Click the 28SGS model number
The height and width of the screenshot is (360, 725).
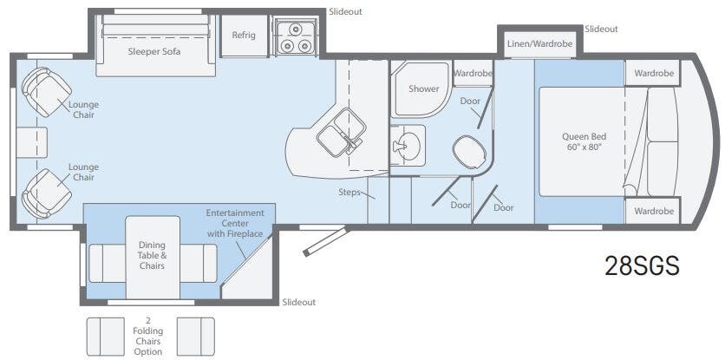(643, 265)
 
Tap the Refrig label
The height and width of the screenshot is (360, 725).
(244, 36)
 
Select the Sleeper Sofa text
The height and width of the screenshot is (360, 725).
(154, 51)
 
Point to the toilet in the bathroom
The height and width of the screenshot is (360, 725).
(469, 152)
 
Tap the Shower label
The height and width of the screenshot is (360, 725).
(423, 88)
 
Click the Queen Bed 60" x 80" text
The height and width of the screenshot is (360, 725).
(584, 142)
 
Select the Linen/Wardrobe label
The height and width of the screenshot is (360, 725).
(539, 44)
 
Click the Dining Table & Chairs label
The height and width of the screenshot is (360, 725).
(152, 255)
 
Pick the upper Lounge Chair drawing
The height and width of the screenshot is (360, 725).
(46, 92)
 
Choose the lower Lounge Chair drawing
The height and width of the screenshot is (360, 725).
(46, 193)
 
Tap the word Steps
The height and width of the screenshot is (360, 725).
(349, 192)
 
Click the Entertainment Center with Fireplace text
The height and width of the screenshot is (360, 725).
(235, 223)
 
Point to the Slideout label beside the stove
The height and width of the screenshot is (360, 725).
(345, 12)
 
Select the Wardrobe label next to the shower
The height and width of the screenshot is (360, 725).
(473, 73)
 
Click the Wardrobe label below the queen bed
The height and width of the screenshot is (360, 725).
(654, 211)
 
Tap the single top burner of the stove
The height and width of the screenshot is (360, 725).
(295, 29)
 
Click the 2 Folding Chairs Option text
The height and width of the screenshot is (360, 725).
(147, 336)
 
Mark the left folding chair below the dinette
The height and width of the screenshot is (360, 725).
(106, 337)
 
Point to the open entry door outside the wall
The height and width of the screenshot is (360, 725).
(325, 240)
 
